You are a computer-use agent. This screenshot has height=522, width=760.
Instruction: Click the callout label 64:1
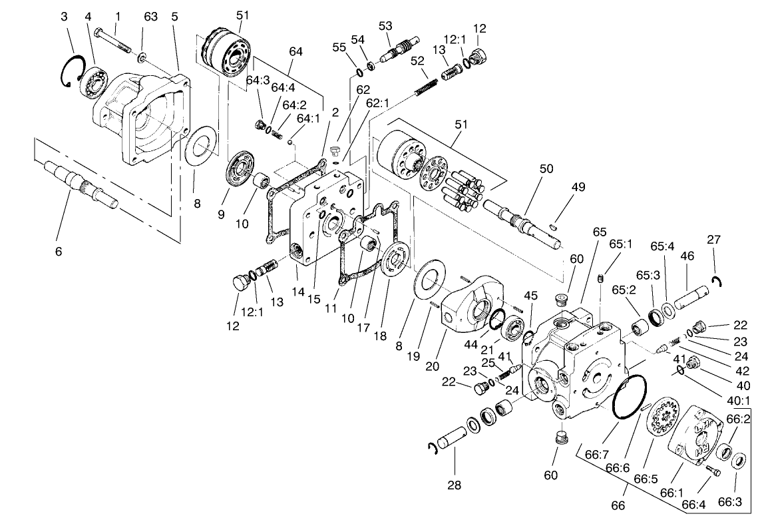click(x=308, y=118)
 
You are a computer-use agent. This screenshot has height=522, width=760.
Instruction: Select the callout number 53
click(x=385, y=26)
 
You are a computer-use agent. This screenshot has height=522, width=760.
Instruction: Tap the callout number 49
click(x=578, y=187)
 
